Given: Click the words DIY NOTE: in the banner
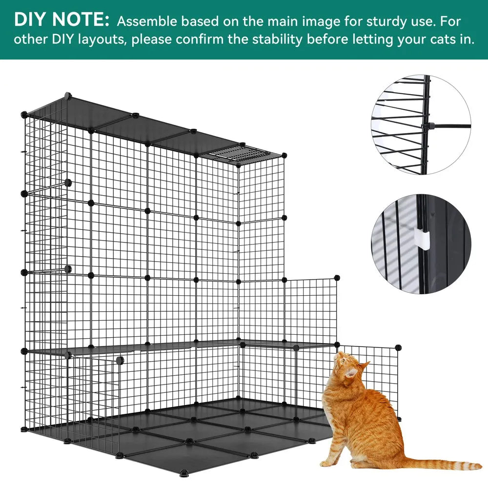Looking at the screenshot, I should point(61,20).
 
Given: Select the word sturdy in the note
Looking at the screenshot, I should point(365,22).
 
